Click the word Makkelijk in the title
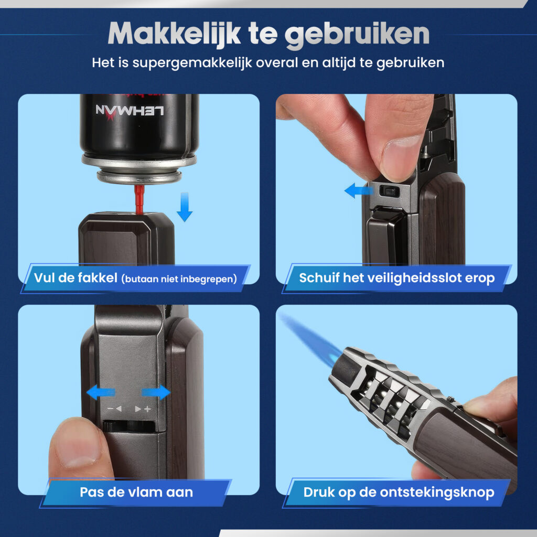point(174,34)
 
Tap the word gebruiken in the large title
point(357,35)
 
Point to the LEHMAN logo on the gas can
point(130,112)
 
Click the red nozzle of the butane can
point(138,199)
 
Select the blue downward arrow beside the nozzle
point(185,207)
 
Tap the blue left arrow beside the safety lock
point(358,190)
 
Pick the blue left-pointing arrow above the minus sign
point(101,392)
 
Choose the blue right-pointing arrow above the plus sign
point(156,392)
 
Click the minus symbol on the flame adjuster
point(110,409)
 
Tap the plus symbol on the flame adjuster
point(147,409)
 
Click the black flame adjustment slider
point(129,426)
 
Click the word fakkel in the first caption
point(96,277)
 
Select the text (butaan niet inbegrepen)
point(179,279)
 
